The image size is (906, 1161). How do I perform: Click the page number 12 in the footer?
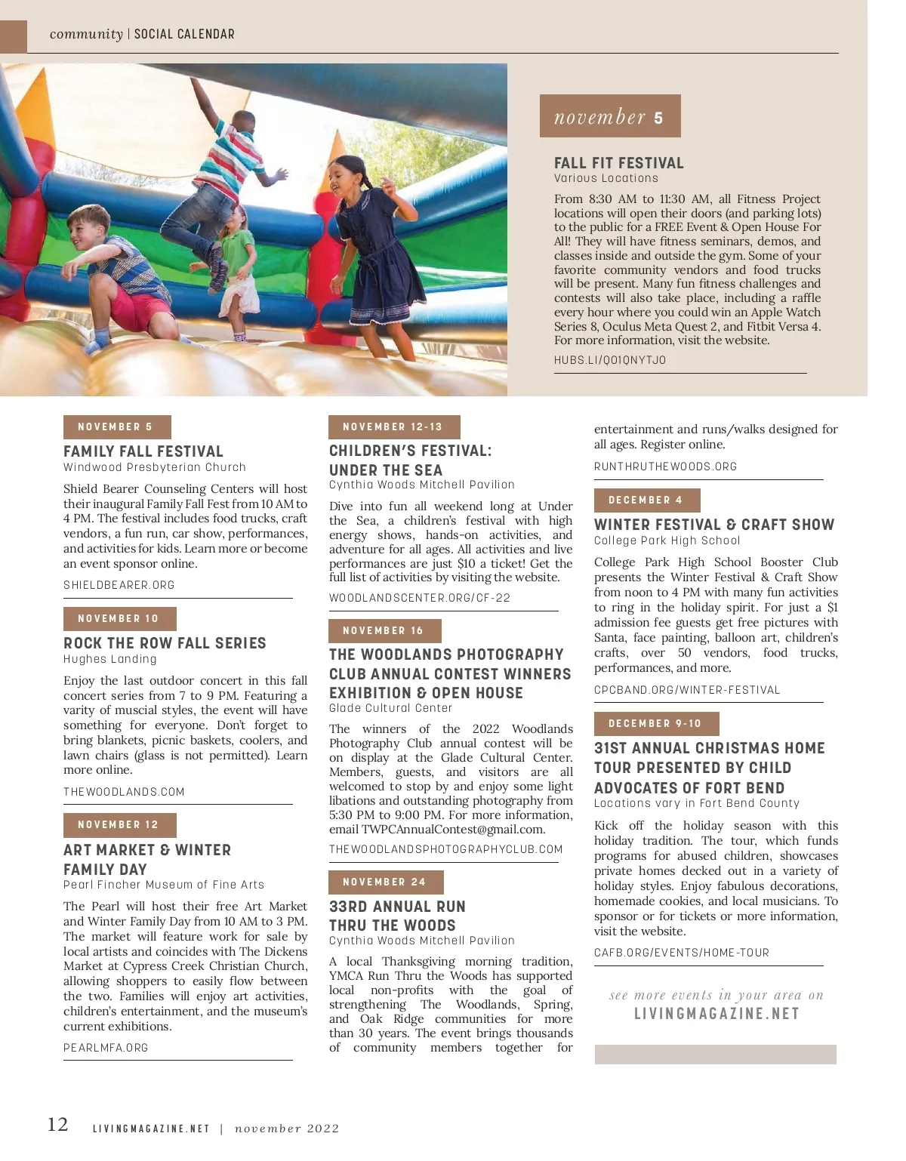pyautogui.click(x=57, y=1124)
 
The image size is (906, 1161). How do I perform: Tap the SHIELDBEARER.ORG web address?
pyautogui.click(x=119, y=585)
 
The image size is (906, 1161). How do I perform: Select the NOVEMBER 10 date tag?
pyautogui.click(x=119, y=618)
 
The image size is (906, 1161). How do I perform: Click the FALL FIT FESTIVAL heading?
pyautogui.click(x=618, y=163)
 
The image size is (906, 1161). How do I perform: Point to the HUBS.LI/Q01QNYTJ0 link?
pyautogui.click(x=610, y=360)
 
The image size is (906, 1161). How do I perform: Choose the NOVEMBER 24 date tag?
pyautogui.click(x=385, y=882)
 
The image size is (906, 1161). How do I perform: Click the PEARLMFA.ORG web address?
pyautogui.click(x=106, y=1048)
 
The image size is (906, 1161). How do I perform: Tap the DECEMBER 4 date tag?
pyautogui.click(x=646, y=500)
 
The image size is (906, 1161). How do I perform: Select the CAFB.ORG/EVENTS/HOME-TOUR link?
pyautogui.click(x=681, y=953)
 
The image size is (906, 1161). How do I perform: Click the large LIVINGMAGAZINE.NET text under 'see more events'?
pyautogui.click(x=716, y=1014)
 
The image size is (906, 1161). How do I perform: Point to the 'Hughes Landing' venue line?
pyautogui.click(x=110, y=659)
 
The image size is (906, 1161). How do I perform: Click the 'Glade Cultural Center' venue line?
pyautogui.click(x=390, y=708)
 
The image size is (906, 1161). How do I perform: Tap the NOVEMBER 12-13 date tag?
pyautogui.click(x=393, y=427)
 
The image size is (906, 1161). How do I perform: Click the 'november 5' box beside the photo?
pyautogui.click(x=609, y=116)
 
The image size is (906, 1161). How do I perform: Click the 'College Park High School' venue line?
pyautogui.click(x=667, y=540)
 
